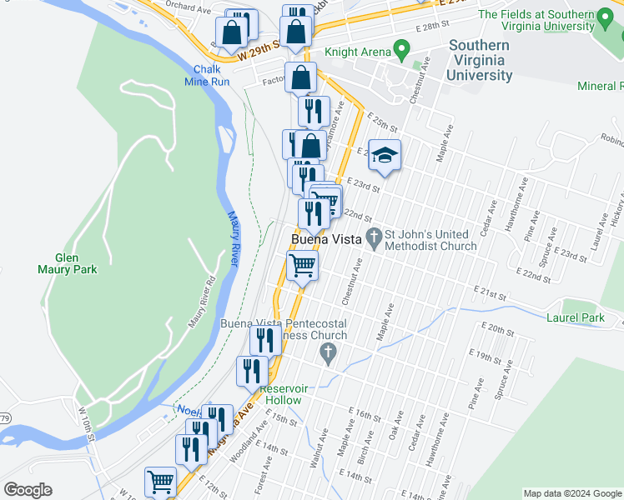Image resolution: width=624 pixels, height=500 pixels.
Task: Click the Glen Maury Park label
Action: [x=67, y=263]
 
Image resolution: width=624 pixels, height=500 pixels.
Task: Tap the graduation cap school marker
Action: [x=385, y=155]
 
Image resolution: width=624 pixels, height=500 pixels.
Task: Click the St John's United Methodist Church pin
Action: [x=375, y=238]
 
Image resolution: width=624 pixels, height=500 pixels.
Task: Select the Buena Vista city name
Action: [x=326, y=240]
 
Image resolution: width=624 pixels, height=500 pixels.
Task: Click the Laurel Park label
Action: [x=575, y=317]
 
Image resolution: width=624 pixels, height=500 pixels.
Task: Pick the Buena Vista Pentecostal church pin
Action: [x=329, y=353]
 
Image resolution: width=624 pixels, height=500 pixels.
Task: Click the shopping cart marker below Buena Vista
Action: [x=302, y=267]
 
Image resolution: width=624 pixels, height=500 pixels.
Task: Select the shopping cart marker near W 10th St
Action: [x=160, y=481]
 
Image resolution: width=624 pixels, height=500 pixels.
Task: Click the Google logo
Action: [x=28, y=490]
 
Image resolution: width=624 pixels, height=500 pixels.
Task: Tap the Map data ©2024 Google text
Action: [x=571, y=493]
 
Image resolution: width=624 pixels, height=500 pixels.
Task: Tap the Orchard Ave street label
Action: [x=188, y=10]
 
